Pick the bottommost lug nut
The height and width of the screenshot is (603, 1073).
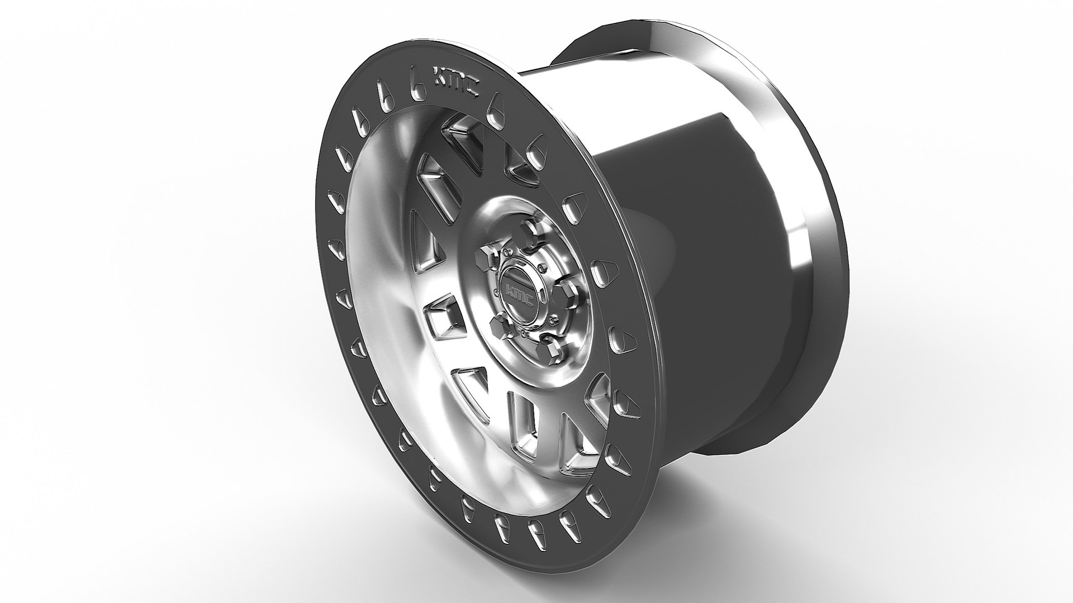coord(549,350)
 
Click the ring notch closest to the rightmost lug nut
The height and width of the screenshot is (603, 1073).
coord(600,272)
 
